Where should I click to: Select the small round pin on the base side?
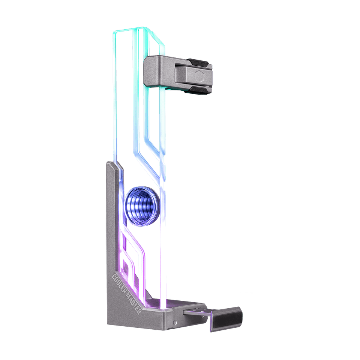tap(174, 322)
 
